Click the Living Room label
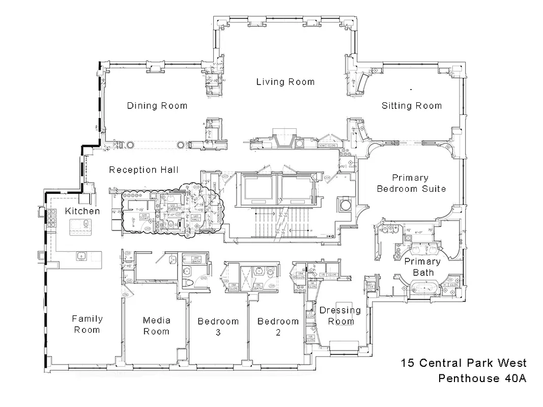285,81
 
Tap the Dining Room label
157,106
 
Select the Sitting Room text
411,106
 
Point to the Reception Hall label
144,170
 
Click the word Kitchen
82,211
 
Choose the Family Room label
87,324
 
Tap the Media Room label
156,326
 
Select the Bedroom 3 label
218,327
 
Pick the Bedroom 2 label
278,327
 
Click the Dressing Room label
340,315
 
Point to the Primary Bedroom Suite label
411,183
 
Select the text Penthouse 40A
482,379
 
